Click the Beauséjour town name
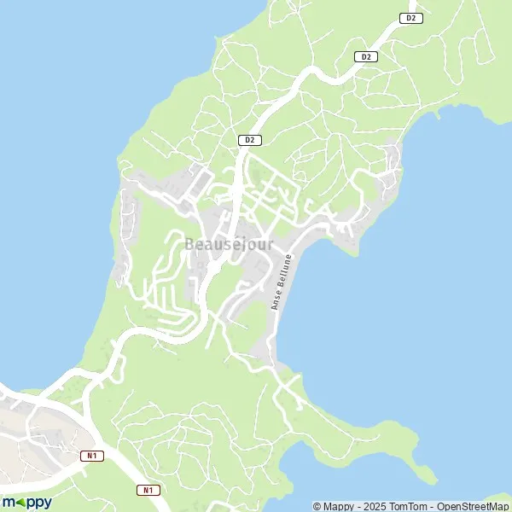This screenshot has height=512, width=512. pyautogui.click(x=230, y=245)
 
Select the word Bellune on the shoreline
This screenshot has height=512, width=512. pyautogui.click(x=285, y=270)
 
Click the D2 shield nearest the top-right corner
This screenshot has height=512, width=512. pyautogui.click(x=411, y=18)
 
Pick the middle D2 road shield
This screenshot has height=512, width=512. pyautogui.click(x=366, y=56)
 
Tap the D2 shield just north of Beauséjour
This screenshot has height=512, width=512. pyautogui.click(x=249, y=139)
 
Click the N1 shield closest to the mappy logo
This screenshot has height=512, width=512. pyautogui.click(x=93, y=456)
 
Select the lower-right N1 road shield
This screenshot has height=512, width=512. pyautogui.click(x=148, y=490)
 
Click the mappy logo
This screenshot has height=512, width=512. pyautogui.click(x=26, y=502)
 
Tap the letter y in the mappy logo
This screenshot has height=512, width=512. pyautogui.click(x=47, y=503)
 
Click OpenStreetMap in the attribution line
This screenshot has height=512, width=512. pyautogui.click(x=474, y=506)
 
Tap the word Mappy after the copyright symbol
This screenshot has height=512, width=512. pyautogui.click(x=340, y=506)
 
